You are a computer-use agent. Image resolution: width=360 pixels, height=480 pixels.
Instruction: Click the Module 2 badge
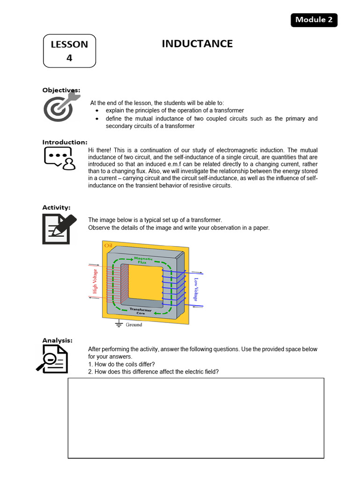point(314,20)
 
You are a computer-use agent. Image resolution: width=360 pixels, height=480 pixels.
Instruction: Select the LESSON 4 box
point(69,51)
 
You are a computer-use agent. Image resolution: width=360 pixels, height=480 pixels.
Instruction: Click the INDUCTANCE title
point(197,44)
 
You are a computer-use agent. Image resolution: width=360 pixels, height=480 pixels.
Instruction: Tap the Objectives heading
point(61,90)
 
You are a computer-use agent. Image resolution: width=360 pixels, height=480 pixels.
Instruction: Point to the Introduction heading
point(65,142)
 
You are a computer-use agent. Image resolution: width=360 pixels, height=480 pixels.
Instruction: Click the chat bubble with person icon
point(59,158)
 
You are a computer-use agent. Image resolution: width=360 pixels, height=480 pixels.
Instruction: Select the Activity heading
point(56,207)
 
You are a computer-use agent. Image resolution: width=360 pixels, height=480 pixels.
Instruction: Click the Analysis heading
point(57,340)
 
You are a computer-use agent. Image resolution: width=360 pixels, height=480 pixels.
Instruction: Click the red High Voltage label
point(95,281)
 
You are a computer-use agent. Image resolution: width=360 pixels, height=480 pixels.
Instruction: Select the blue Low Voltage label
point(196,289)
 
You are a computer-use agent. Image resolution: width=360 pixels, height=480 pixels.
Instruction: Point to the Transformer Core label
point(141,311)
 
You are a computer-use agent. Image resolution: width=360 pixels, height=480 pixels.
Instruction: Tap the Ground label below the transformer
point(133,324)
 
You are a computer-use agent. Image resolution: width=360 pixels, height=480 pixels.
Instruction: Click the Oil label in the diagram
point(108,245)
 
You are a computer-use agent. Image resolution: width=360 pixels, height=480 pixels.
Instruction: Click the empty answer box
point(196,418)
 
